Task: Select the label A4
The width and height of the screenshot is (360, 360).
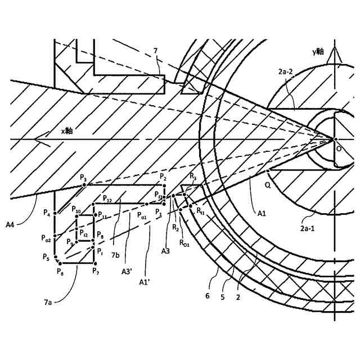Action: (11, 226)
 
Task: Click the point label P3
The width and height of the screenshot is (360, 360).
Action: (83, 178)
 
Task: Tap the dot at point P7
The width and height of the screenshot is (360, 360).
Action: (93, 263)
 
